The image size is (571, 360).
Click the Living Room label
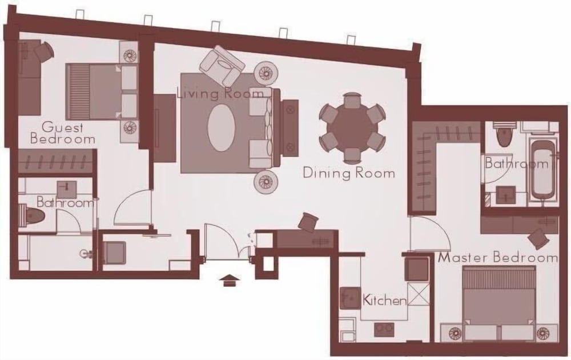click(220, 93)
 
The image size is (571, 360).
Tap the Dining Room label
click(348, 173)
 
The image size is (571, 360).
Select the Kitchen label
click(384, 300)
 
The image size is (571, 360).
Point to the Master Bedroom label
click(497, 258)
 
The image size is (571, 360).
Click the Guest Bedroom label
click(62, 133)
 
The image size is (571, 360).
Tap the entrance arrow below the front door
click(230, 279)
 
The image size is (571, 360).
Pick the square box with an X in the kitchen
click(419, 296)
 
